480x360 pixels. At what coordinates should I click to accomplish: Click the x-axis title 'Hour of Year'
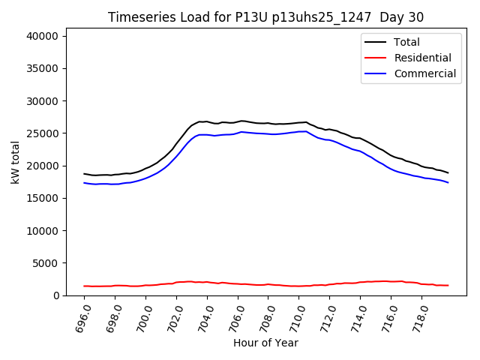(266, 343)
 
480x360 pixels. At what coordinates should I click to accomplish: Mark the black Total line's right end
(448, 173)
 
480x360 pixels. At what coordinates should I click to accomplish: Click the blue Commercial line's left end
(84, 182)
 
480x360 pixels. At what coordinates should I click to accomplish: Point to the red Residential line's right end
(448, 285)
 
